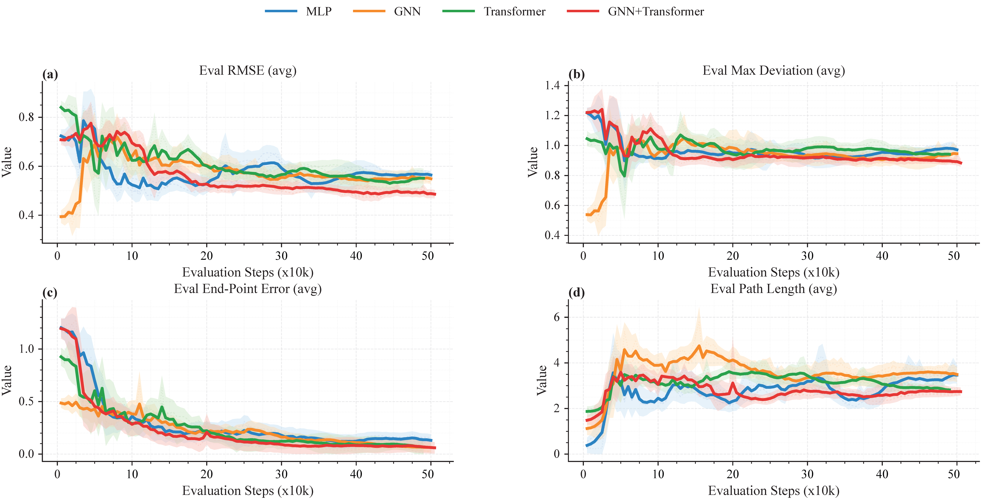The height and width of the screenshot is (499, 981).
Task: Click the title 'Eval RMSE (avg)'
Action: click(x=248, y=70)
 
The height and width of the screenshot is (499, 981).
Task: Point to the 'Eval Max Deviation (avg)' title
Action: click(x=773, y=70)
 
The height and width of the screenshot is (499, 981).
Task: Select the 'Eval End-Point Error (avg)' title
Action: click(x=248, y=289)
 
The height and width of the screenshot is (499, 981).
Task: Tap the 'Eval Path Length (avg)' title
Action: click(x=773, y=289)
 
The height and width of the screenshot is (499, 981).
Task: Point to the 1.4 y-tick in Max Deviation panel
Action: click(x=552, y=85)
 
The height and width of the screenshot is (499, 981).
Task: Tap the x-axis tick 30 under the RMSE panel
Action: click(x=281, y=256)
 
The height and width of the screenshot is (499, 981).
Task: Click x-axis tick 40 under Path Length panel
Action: click(x=882, y=474)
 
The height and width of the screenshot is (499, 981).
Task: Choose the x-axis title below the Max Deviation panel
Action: click(x=773, y=273)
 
